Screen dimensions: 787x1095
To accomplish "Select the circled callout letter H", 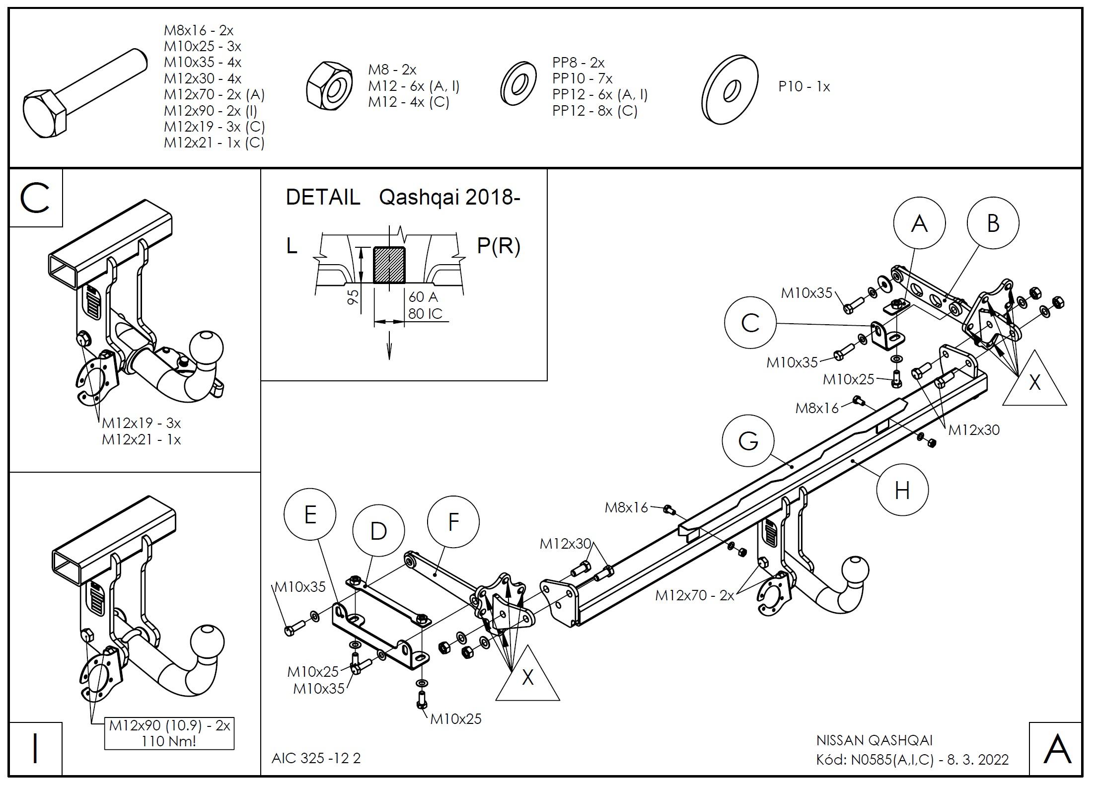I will pyautogui.click(x=902, y=491).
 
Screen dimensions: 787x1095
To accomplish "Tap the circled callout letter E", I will pyautogui.click(x=310, y=514).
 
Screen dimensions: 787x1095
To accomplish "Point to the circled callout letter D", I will pyautogui.click(x=378, y=531).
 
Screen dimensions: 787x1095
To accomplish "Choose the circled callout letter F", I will pyautogui.click(x=453, y=522).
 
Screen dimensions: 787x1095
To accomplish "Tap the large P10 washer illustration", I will pyautogui.click(x=730, y=89).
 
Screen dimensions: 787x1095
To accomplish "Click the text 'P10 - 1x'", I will pyautogui.click(x=804, y=87).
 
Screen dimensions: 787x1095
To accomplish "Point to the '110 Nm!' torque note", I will pyautogui.click(x=168, y=741).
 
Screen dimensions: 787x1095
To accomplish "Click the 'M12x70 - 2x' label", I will pyautogui.click(x=694, y=595).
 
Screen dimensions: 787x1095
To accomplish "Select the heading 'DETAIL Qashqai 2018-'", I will pyautogui.click(x=403, y=198).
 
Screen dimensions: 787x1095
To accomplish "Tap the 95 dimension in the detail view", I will pyautogui.click(x=353, y=297).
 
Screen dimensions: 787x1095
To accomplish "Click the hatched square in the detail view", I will pyautogui.click(x=389, y=265).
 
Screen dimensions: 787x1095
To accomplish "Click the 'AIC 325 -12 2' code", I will pyautogui.click(x=316, y=758).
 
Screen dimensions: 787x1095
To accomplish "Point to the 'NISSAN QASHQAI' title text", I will pyautogui.click(x=875, y=740).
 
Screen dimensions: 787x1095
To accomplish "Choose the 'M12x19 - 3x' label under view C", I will pyautogui.click(x=142, y=423).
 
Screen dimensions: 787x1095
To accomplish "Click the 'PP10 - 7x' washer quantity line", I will pyautogui.click(x=583, y=78).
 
